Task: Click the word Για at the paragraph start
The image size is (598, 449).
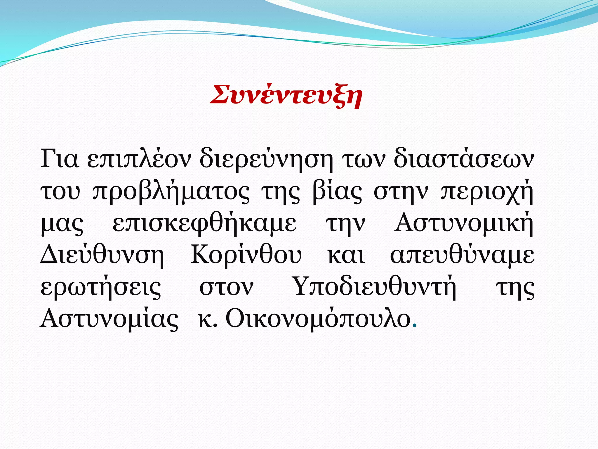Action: point(60,160)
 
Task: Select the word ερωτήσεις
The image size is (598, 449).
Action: point(101,288)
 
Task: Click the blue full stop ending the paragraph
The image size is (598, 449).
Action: point(415,326)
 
